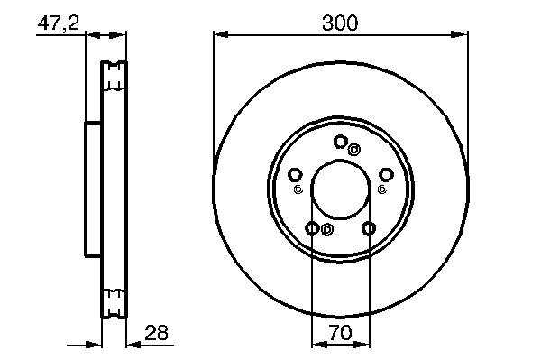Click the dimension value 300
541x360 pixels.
click(340, 23)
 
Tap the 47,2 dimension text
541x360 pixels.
click(59, 23)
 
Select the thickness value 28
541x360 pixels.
click(156, 333)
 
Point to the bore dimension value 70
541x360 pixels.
click(340, 333)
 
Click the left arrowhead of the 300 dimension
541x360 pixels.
click(221, 34)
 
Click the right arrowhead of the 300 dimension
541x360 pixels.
click(460, 34)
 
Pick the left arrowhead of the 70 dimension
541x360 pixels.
click(319, 345)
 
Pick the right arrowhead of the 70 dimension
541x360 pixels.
click(362, 345)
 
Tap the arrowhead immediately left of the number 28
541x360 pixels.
click(133, 345)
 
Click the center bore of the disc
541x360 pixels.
click(341, 189)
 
